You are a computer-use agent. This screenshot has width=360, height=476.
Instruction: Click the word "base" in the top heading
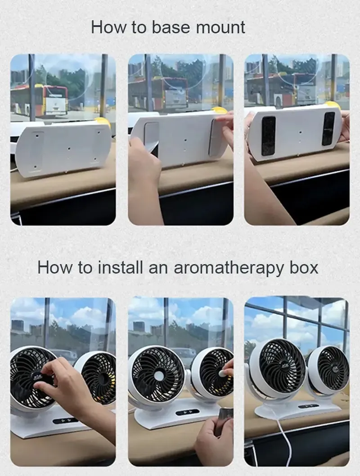click(171, 27)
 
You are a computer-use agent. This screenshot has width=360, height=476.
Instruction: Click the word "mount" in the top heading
click(220, 28)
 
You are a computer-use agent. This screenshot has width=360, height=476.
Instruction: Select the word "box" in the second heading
click(304, 267)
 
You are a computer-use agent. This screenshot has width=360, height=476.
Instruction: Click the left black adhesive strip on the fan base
click(268, 135)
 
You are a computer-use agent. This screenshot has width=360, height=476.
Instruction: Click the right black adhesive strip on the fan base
click(328, 128)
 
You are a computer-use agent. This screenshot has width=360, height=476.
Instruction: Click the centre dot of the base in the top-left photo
click(69, 149)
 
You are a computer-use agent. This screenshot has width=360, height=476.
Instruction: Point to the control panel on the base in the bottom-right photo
click(308, 406)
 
